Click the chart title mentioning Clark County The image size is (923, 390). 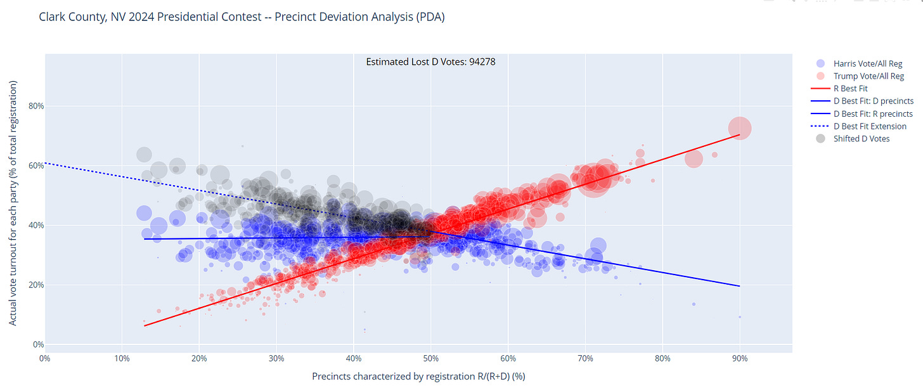[x=242, y=17]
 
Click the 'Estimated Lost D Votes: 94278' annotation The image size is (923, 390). [x=435, y=62]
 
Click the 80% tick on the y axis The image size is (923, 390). [x=37, y=106]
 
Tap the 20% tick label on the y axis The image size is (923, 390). [x=37, y=285]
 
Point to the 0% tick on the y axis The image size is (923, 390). [x=39, y=344]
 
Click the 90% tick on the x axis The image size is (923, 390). [x=739, y=358]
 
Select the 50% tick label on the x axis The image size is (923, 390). [x=430, y=358]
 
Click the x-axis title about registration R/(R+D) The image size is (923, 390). [x=418, y=376]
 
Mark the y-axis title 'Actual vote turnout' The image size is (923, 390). [x=13, y=203]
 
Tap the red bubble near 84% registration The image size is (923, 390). [x=694, y=159]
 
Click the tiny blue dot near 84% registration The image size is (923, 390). [x=694, y=304]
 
